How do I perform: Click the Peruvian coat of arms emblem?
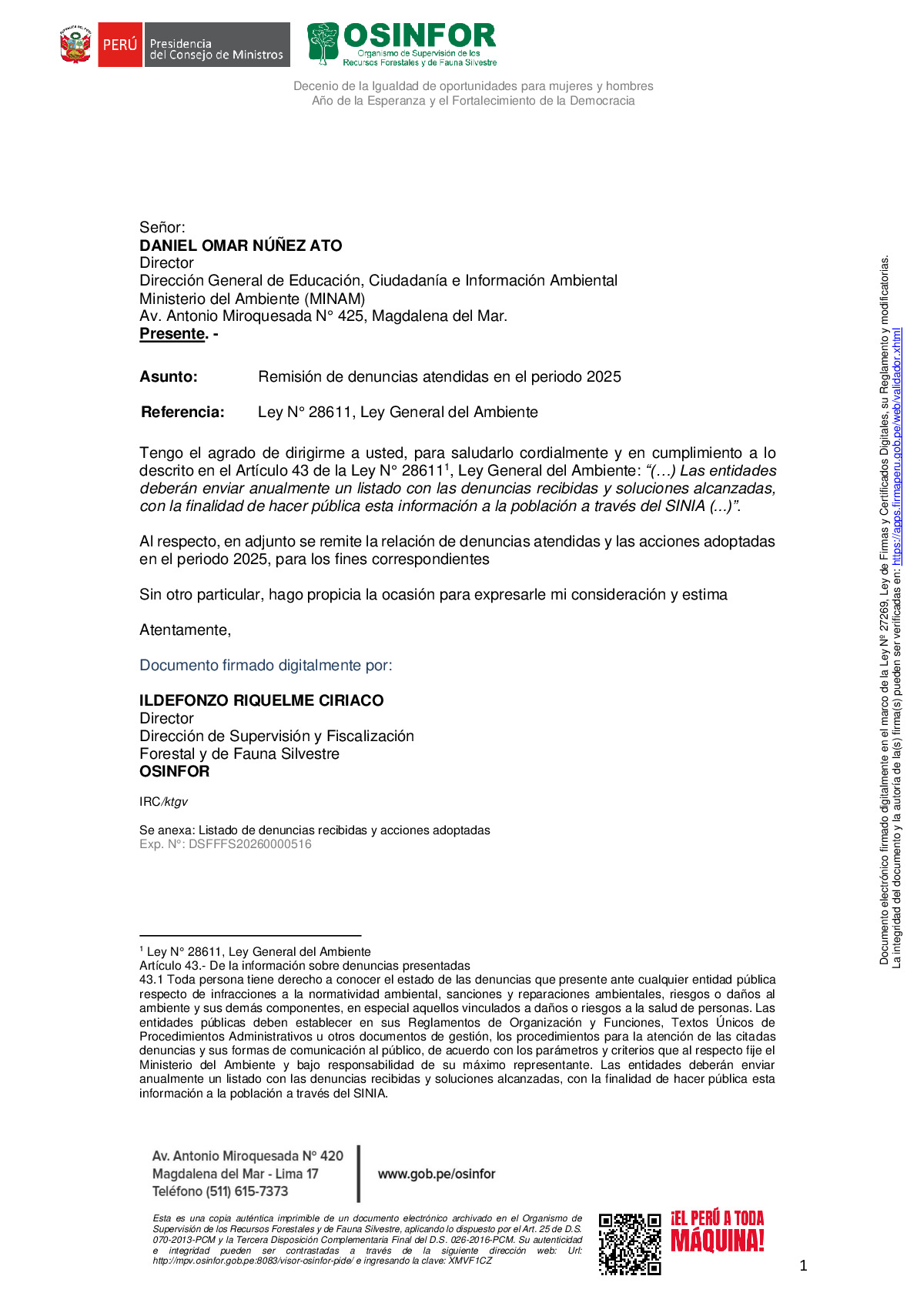(75, 45)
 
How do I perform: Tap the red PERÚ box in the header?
(119, 45)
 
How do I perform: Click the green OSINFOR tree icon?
(323, 43)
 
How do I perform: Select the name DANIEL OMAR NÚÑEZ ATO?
(240, 246)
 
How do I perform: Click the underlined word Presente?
(172, 334)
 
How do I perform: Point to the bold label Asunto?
(169, 377)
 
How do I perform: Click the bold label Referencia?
(182, 413)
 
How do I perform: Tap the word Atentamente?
(185, 630)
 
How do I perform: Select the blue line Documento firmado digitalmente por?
(266, 666)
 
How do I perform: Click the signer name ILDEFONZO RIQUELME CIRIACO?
(261, 700)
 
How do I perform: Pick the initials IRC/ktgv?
(163, 802)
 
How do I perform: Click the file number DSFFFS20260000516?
(250, 844)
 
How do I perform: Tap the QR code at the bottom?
(630, 1244)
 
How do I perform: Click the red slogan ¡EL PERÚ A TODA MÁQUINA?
(717, 1231)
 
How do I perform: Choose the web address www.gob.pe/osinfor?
(437, 1174)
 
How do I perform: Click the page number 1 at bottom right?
(803, 1266)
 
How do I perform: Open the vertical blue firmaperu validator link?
(897, 446)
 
